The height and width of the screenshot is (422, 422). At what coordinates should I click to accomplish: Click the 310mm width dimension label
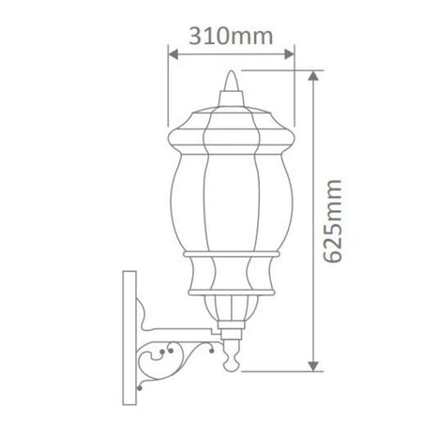231,37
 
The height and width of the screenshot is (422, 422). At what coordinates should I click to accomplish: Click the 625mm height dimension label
332,221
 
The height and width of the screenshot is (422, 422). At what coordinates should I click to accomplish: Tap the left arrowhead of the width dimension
173,54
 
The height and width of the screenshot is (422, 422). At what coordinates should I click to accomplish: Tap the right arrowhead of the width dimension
290,54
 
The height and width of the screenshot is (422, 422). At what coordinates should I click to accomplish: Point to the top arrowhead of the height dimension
313,76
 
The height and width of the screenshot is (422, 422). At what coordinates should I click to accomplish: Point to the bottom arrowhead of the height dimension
313,367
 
